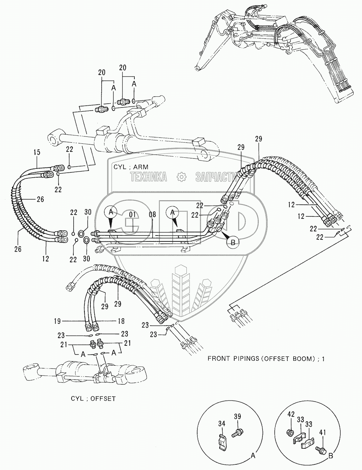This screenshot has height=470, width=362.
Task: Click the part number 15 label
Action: pyautogui.click(x=37, y=152)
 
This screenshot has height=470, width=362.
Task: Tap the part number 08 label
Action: pyautogui.click(x=152, y=215)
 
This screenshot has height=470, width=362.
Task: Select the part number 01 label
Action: pyautogui.click(x=132, y=215)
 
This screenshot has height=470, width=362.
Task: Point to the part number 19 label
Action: pyautogui.click(x=57, y=321)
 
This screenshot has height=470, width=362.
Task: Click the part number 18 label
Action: pyautogui.click(x=121, y=321)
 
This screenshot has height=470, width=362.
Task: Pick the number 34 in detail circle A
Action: pyautogui.click(x=222, y=424)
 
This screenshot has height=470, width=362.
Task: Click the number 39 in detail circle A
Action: pyautogui.click(x=237, y=416)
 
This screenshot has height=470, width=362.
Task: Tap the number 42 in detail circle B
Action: pyautogui.click(x=291, y=414)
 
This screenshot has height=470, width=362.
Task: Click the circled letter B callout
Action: pyautogui.click(x=233, y=242)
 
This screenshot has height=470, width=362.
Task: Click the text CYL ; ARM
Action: pyautogui.click(x=131, y=167)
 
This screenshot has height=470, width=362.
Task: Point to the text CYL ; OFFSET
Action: pyautogui.click(x=93, y=398)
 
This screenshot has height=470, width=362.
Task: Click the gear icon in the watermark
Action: pyautogui.click(x=181, y=177)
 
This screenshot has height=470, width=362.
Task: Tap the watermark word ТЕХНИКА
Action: pyautogui.click(x=149, y=177)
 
